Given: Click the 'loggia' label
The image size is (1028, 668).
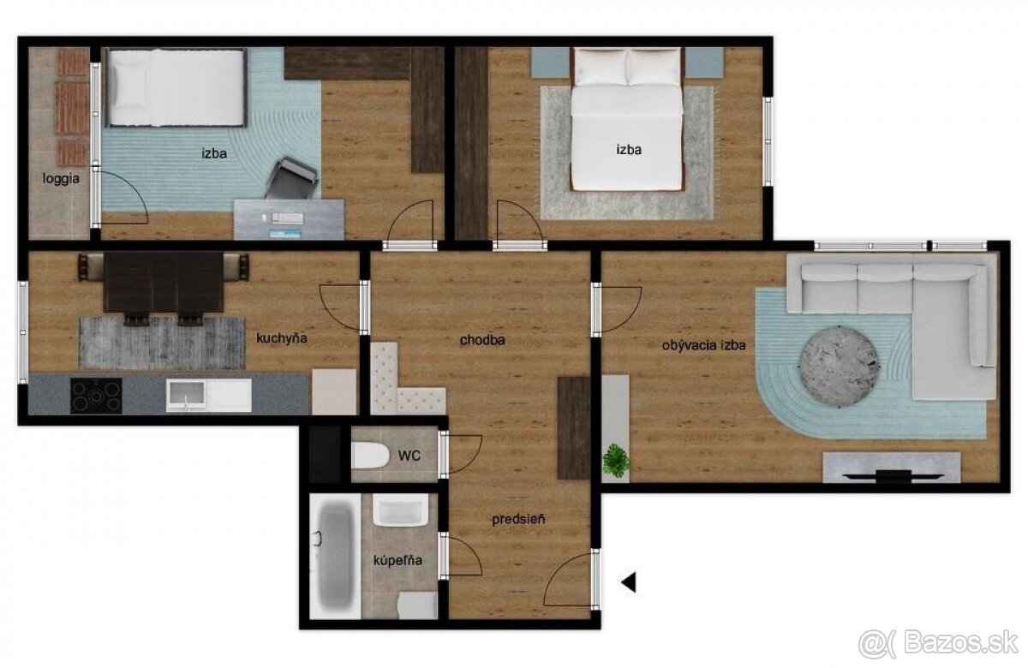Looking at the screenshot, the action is pyautogui.click(x=61, y=178).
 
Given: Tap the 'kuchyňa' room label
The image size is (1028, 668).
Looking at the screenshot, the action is pyautogui.click(x=281, y=338).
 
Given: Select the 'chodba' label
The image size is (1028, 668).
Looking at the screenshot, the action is pyautogui.click(x=482, y=340).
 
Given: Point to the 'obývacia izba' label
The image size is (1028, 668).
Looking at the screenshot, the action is pyautogui.click(x=703, y=345).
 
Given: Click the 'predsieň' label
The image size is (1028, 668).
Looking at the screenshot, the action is pyautogui.click(x=518, y=519).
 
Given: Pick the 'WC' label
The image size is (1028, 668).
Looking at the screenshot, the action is pyautogui.click(x=409, y=456).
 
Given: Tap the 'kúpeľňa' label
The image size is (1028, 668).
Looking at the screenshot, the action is pyautogui.click(x=397, y=560).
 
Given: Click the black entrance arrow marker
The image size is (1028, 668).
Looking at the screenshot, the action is pyautogui.click(x=629, y=582).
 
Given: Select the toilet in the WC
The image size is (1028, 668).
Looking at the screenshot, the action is pyautogui.click(x=370, y=455).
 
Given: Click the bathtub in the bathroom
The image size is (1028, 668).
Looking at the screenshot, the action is pyautogui.click(x=335, y=556).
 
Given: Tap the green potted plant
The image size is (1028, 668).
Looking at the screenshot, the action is pyautogui.click(x=616, y=460).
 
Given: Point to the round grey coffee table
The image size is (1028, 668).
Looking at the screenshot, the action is pyautogui.click(x=839, y=366).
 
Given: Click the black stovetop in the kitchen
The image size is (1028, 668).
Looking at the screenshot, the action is pyautogui.click(x=96, y=396).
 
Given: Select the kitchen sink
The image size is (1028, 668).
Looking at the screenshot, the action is pyautogui.click(x=208, y=396).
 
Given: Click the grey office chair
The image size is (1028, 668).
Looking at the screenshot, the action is pyautogui.click(x=292, y=178).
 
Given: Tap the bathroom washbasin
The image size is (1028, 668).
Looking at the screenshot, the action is pyautogui.click(x=400, y=510).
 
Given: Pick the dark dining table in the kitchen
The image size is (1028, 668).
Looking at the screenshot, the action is pyautogui.click(x=164, y=283).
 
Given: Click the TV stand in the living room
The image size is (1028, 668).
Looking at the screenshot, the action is pyautogui.click(x=891, y=467).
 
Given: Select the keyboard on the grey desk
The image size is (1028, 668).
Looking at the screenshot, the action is pyautogui.click(x=287, y=217).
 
